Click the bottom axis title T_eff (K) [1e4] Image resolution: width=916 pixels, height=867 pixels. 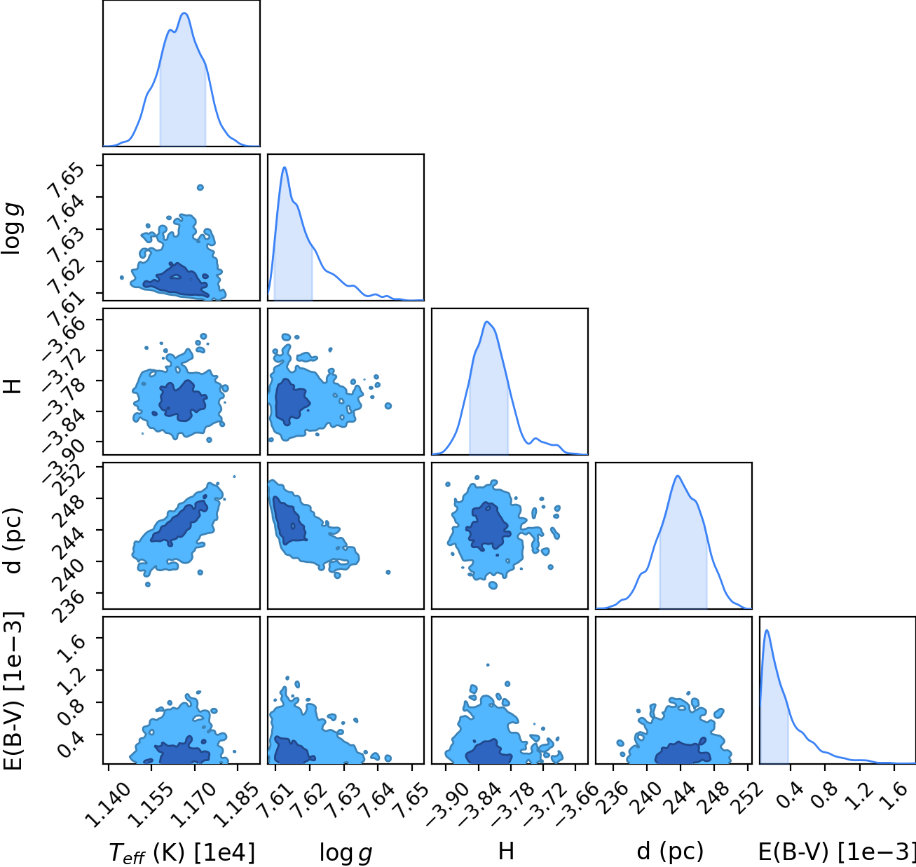182,852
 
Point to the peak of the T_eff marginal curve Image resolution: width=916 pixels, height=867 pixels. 184,13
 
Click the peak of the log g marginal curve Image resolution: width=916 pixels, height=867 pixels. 285,168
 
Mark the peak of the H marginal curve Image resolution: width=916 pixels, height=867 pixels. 487,322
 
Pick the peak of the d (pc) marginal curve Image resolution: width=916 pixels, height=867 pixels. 678,476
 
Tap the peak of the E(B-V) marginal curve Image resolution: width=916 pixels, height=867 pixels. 767,630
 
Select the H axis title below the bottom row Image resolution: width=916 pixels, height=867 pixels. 506,852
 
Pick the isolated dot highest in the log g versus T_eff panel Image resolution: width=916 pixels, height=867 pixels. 200,187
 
